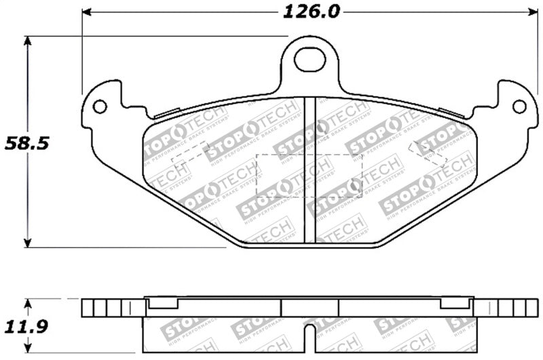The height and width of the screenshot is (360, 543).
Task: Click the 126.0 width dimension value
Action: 312,12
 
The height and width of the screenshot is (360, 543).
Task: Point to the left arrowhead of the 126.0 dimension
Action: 86,12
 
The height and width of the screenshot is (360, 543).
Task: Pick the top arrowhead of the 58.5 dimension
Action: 27,40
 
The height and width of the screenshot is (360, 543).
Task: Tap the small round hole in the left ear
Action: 100,107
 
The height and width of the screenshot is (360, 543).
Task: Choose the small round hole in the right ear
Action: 519,107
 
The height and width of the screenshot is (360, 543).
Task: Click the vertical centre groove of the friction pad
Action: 310,170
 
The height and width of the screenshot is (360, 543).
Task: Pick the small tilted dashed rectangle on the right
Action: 428,153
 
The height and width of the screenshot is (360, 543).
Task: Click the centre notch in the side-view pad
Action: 310,335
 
